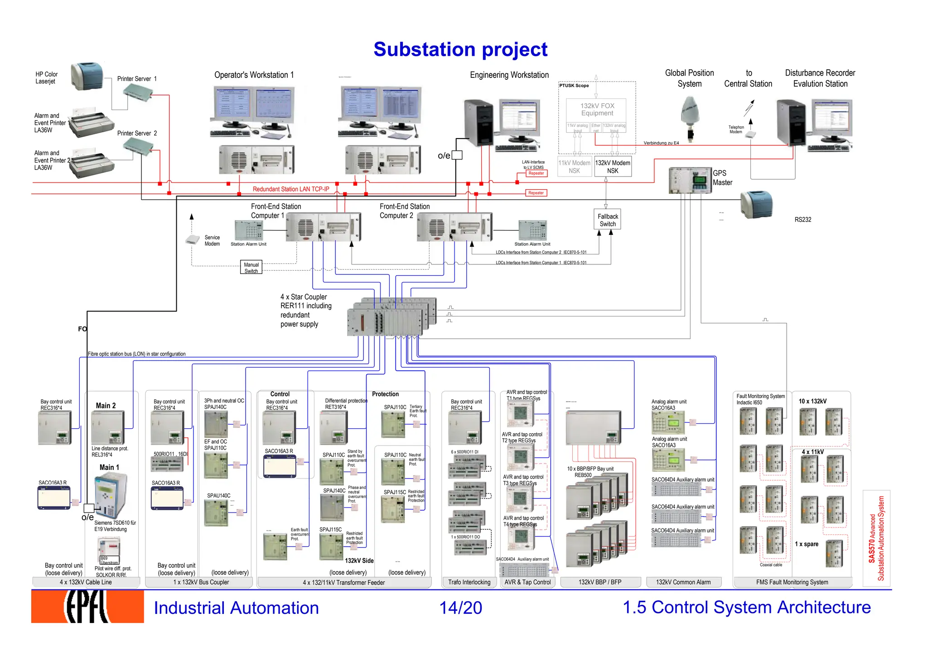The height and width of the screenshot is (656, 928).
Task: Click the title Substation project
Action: pos(460,49)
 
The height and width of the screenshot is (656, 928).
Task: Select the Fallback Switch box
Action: pos(607,220)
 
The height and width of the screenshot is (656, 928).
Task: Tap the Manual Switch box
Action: pos(251,268)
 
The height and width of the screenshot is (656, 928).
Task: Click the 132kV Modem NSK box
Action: pos(613,167)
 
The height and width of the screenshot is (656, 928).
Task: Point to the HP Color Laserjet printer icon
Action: pos(87,76)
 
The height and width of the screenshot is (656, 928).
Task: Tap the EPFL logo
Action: pos(87,607)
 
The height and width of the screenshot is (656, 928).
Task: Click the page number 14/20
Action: pos(460,608)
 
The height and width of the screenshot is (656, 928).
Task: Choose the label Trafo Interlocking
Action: pos(469,582)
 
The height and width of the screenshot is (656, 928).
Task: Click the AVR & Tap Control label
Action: pos(527,582)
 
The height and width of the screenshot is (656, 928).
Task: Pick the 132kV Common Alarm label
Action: pos(683,582)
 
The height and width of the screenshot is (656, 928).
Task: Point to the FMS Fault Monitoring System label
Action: pos(792,582)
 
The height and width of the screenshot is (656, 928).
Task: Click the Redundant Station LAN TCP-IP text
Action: pos(291,189)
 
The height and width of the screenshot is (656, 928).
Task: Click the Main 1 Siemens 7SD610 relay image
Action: pos(110,496)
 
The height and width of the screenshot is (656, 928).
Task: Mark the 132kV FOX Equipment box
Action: pos(597,110)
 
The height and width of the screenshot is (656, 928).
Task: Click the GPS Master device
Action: pos(690,181)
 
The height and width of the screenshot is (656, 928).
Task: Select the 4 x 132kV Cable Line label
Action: pos(86,582)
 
